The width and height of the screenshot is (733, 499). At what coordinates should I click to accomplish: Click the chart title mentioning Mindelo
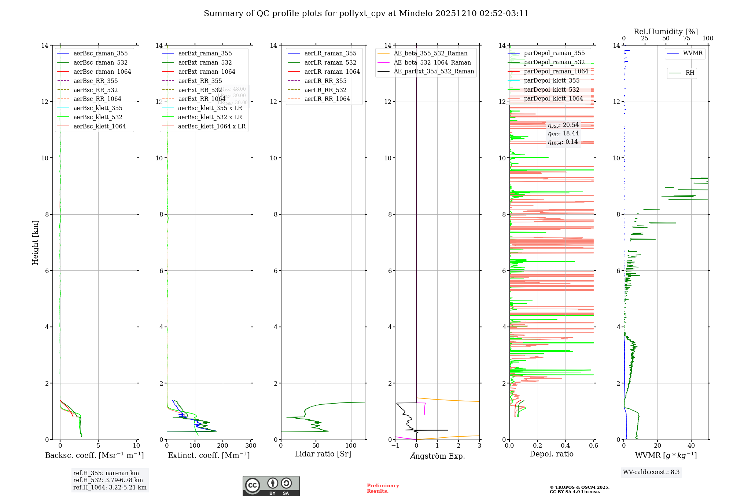tap(366, 14)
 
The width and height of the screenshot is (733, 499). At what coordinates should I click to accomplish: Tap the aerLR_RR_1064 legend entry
tap(327, 99)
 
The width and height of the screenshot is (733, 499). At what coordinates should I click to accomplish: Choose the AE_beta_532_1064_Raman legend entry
tap(432, 62)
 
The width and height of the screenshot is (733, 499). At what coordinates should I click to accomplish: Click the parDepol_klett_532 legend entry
tap(552, 90)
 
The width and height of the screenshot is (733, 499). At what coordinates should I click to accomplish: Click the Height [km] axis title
tap(35, 242)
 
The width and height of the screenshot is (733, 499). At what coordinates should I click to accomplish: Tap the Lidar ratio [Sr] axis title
tap(323, 454)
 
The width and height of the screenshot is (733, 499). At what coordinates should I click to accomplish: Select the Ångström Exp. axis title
tap(437, 456)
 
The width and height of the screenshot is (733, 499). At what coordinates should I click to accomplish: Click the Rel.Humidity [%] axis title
tap(666, 32)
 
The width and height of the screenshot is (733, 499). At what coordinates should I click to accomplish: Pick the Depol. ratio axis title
tap(551, 454)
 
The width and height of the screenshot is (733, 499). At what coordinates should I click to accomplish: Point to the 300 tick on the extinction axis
tap(251, 446)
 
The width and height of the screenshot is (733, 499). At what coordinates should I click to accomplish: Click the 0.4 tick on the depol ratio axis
tap(566, 446)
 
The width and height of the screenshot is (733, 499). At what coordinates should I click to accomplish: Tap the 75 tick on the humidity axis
tap(687, 39)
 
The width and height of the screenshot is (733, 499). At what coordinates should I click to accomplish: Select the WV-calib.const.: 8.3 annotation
tap(651, 472)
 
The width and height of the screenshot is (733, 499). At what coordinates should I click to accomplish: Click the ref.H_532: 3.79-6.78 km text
tap(108, 480)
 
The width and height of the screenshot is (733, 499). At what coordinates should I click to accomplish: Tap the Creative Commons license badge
tap(271, 486)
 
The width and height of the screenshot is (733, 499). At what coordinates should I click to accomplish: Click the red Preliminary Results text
tap(383, 488)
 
